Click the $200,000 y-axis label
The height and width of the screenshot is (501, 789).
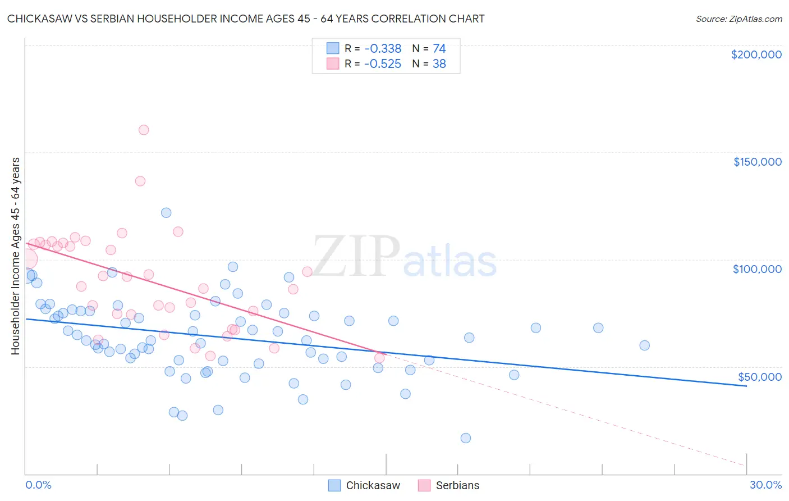[756, 54]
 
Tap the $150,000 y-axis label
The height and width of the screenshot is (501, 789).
[757, 162]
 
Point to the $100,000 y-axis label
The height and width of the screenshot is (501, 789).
[757, 269]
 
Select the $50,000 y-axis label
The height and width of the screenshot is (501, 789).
[759, 377]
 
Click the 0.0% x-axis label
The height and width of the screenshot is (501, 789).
[38, 485]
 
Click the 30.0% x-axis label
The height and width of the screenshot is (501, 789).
[765, 485]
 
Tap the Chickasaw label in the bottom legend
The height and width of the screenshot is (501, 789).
[373, 485]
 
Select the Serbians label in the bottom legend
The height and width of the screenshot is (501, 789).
[457, 485]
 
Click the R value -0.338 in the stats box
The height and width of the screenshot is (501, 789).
[383, 49]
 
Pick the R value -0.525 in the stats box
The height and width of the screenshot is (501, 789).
[383, 64]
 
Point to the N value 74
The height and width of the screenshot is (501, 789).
[439, 49]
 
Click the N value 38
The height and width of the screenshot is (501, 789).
[439, 64]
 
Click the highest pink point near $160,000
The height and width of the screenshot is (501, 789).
[144, 130]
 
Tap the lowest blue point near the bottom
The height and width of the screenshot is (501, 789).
[466, 438]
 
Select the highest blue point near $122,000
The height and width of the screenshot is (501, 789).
[166, 213]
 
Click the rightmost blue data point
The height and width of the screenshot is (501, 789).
[644, 345]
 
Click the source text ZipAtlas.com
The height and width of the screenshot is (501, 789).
[738, 19]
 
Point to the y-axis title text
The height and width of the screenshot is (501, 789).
[15, 256]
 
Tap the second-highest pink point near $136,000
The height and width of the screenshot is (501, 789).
[140, 181]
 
